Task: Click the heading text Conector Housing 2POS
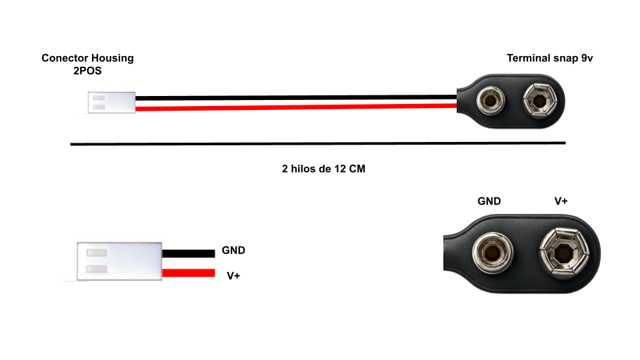click(x=87, y=64)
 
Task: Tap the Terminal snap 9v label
click(x=550, y=58)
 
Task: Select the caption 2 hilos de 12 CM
click(x=323, y=169)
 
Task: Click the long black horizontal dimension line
click(x=318, y=143)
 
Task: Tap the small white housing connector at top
click(x=111, y=103)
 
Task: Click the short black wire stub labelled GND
click(x=189, y=253)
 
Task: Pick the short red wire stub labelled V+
click(x=189, y=273)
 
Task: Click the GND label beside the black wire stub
click(x=233, y=251)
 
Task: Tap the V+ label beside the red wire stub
click(x=233, y=275)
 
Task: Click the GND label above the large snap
click(x=489, y=201)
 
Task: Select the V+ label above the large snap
click(x=561, y=201)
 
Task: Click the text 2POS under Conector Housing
click(x=87, y=71)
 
